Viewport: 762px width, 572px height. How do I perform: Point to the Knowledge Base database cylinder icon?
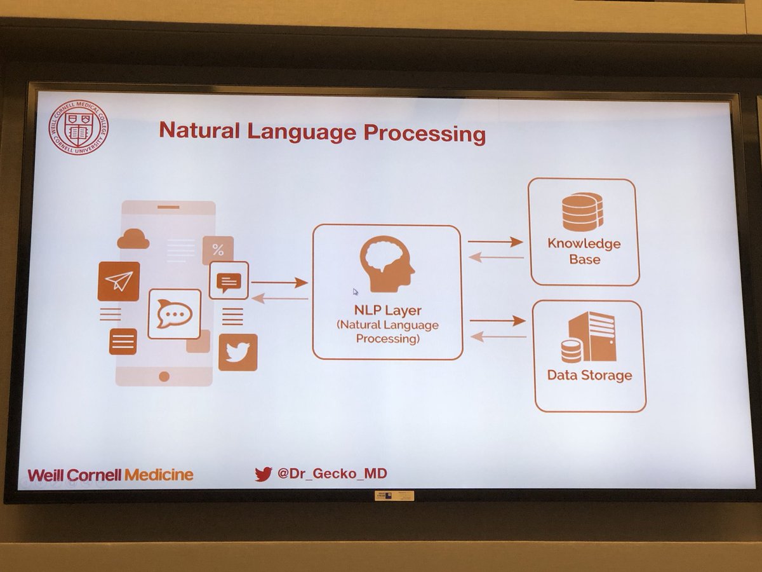(x=582, y=212)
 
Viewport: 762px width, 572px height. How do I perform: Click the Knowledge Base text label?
(x=584, y=251)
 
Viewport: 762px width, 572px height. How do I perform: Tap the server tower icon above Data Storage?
(x=591, y=337)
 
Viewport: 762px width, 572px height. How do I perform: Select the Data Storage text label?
(x=590, y=375)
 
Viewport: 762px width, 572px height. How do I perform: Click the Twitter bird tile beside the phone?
(x=238, y=352)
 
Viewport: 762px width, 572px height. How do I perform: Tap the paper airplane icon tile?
(x=119, y=281)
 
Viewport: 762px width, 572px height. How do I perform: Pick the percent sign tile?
(x=218, y=249)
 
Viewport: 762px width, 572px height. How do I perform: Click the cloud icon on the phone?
(x=133, y=238)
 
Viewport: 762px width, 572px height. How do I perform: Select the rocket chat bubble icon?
(x=174, y=313)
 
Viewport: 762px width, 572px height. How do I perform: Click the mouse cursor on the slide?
(x=356, y=292)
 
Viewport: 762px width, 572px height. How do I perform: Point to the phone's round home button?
(x=164, y=376)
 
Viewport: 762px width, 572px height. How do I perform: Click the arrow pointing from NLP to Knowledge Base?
(x=495, y=242)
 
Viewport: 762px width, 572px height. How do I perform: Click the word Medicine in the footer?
(x=159, y=475)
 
